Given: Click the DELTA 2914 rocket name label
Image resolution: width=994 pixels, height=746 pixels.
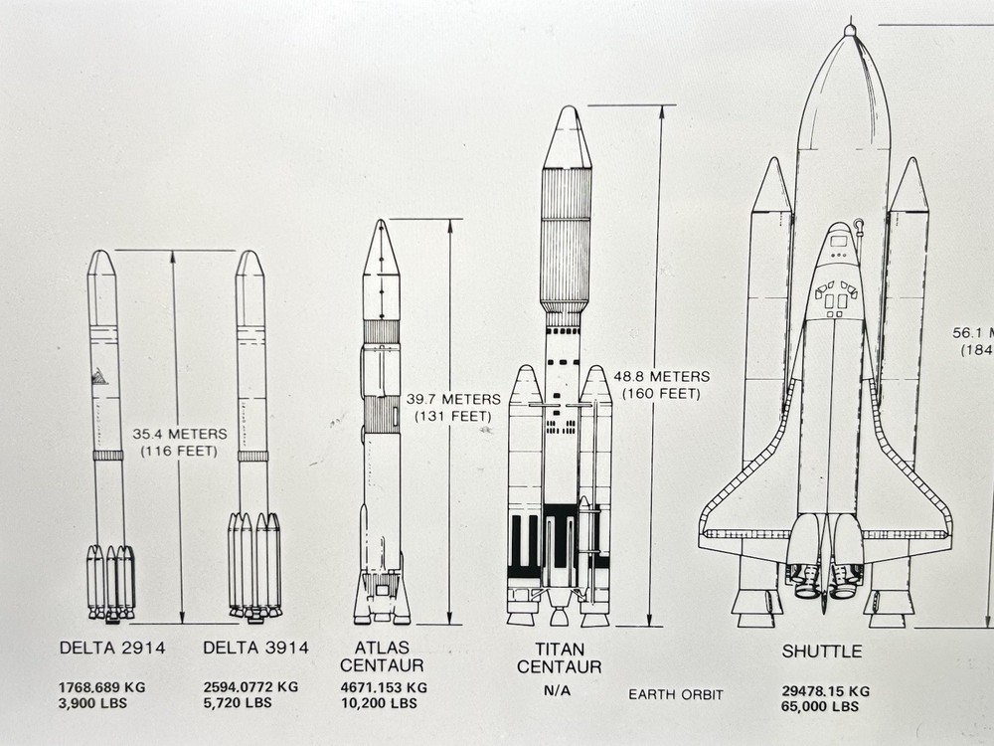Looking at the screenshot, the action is click(x=111, y=649).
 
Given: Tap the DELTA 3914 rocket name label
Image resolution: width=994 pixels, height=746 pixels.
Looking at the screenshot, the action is click(x=255, y=649).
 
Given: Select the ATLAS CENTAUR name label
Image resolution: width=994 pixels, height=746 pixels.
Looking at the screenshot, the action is click(x=382, y=656).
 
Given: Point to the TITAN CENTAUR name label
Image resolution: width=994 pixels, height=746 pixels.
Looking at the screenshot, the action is click(x=559, y=657).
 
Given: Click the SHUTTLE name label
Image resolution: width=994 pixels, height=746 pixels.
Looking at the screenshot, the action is click(x=821, y=652).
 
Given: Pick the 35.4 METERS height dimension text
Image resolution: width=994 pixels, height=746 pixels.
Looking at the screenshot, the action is click(x=180, y=434).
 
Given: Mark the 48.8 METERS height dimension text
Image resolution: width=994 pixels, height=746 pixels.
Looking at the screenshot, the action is click(x=662, y=377).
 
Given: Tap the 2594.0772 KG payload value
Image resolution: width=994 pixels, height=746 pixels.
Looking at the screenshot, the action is click(x=250, y=687).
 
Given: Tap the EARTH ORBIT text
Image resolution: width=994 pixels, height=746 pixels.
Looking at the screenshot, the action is click(x=676, y=694).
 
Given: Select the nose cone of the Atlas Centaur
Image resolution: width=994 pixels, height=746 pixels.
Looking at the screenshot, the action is click(x=381, y=249).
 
